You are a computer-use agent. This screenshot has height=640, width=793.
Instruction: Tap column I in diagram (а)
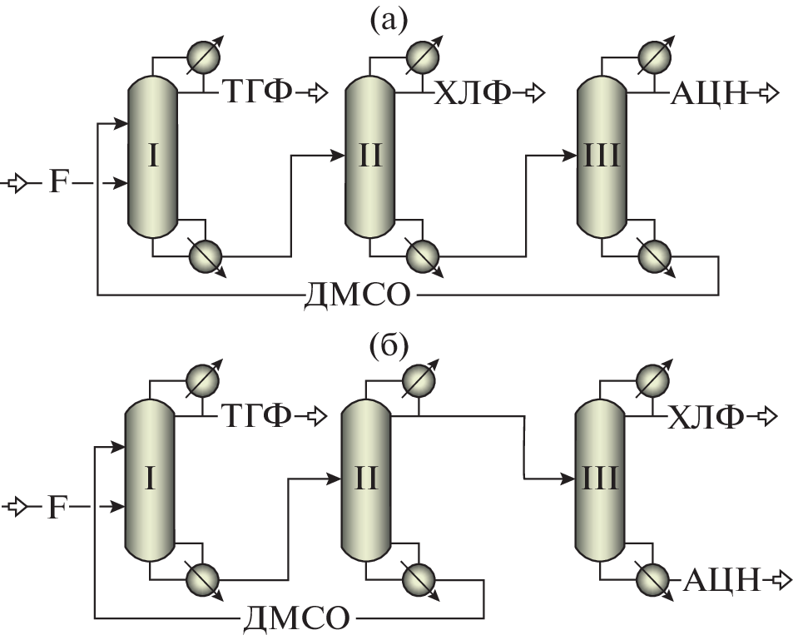[x=153, y=156]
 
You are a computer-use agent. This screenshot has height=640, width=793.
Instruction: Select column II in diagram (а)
[x=369, y=156]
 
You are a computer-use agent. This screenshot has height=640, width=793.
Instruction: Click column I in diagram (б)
[x=150, y=479]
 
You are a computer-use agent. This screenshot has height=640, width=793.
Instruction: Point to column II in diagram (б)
[x=366, y=479]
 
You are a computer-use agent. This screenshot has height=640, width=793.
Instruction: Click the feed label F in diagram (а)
[x=55, y=181]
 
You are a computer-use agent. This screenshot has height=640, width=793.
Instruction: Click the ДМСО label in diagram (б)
[x=296, y=618]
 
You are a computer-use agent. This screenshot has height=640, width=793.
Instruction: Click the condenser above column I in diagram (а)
[x=201, y=56]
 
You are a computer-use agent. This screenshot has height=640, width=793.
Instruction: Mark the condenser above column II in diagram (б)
[x=417, y=380]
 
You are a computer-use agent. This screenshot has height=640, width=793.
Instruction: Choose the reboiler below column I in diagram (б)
[x=200, y=578]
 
